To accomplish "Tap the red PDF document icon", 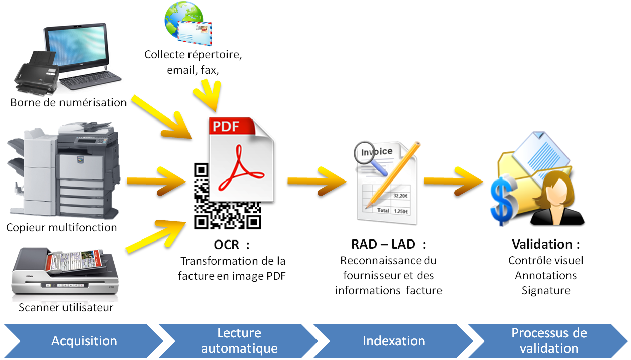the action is coord(241,159).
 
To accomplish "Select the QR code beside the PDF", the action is coord(227,196).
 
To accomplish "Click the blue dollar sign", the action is coord(503,200).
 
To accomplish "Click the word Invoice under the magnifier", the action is coord(376,152).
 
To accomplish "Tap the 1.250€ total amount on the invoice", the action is coord(401,211).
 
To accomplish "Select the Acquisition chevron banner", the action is coord(84,341).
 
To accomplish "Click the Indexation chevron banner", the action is coord(394,341).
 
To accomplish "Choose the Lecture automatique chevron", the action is coord(239,341).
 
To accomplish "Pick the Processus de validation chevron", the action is coord(548,341).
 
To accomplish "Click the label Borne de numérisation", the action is coord(69,103).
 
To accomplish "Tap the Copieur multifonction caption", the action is coord(61,228).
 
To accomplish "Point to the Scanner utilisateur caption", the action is coord(66,307).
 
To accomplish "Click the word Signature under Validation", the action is coord(546,290).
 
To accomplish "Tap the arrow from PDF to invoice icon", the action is coord(317,181).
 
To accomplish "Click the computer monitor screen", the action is coord(77,46).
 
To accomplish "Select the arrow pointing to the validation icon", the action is coord(454,181).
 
